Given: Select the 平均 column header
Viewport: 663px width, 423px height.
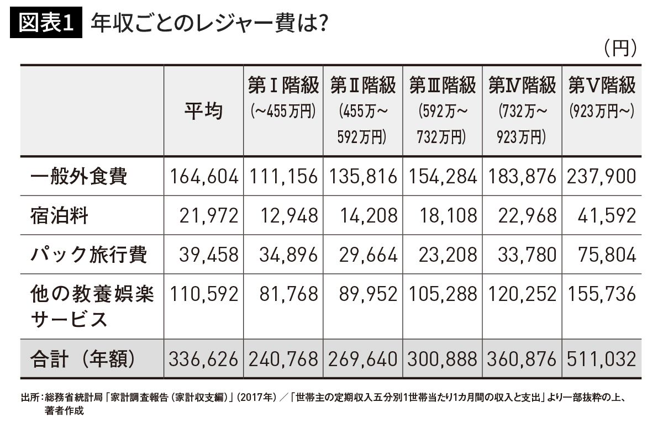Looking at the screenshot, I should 203,111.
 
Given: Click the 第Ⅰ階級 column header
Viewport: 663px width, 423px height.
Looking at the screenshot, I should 283,86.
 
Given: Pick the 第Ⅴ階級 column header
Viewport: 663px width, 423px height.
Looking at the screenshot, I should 602,86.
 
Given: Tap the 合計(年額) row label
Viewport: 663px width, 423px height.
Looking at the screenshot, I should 83,359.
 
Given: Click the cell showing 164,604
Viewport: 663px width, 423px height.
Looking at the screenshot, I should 204,177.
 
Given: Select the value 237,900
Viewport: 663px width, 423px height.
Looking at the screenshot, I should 602,177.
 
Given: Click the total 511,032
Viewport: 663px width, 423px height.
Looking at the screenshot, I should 602,359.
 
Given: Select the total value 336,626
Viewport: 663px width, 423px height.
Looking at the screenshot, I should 204,359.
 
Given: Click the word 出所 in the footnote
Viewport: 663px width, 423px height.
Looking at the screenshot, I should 29,398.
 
